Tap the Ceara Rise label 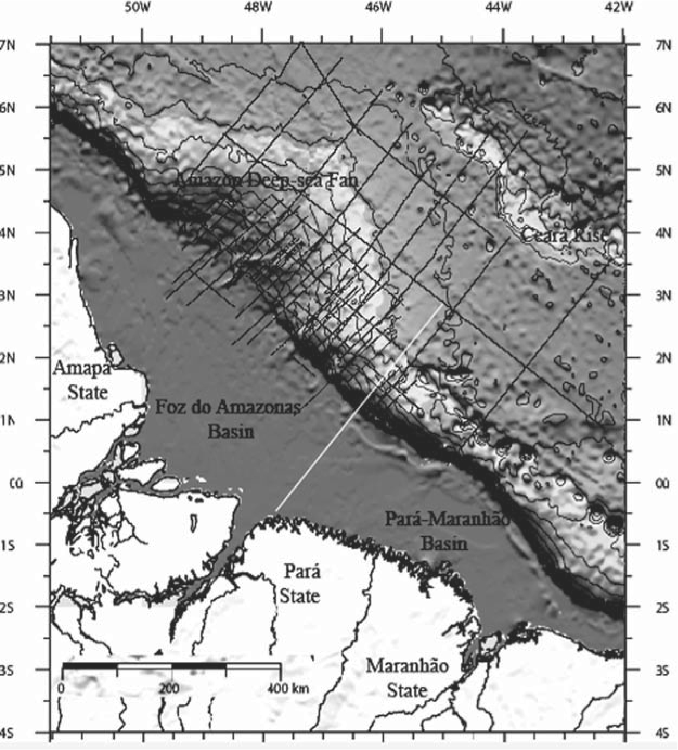(564, 235)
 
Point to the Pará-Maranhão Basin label (447, 530)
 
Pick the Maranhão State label (407, 677)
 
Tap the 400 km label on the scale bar (288, 688)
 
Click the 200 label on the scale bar (169, 688)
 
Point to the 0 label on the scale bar (61, 688)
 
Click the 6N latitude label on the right (662, 108)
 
